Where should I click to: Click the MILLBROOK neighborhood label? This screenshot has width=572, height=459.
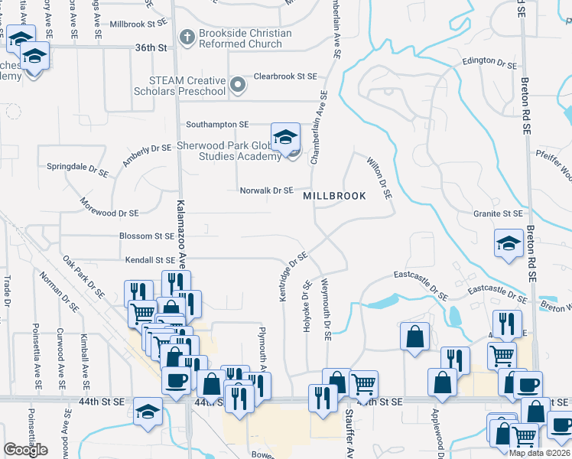(334, 196)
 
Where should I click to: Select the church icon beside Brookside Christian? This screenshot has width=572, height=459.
(187, 36)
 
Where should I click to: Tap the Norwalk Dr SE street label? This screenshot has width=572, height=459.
(266, 190)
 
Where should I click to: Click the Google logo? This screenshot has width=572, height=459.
(25, 450)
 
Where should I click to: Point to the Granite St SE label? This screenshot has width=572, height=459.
(497, 213)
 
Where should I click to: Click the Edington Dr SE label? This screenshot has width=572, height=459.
(489, 61)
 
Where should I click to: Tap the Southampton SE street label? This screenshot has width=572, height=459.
(217, 124)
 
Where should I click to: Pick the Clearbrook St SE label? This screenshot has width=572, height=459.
(285, 76)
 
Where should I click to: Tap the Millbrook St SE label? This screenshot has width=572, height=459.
(138, 24)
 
